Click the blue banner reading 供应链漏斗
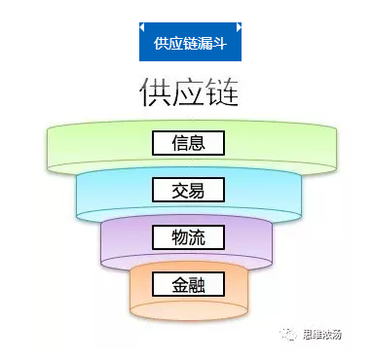click(x=189, y=43)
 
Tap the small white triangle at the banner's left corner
click(x=143, y=26)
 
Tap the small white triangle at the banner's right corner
click(x=236, y=26)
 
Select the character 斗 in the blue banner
click(x=221, y=44)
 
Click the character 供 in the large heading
click(x=154, y=92)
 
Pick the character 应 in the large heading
click(x=189, y=92)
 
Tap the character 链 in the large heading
click(x=223, y=92)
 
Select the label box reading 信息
click(x=188, y=143)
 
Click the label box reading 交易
click(x=188, y=190)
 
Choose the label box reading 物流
click(x=188, y=236)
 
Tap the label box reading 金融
click(x=188, y=284)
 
